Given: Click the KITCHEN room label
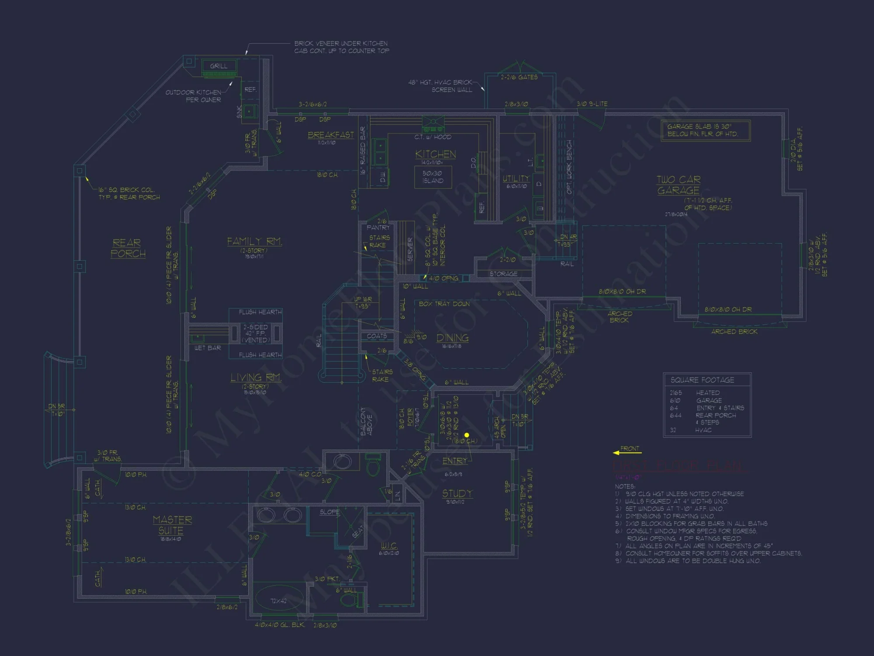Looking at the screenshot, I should (435, 154).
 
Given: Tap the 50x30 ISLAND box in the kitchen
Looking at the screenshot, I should (433, 177).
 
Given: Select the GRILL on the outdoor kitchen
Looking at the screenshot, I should (218, 66).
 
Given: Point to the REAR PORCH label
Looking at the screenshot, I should (127, 248).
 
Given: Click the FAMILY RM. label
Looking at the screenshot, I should (254, 241).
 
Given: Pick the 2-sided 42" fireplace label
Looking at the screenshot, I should (256, 334).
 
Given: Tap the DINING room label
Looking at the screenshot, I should (452, 338).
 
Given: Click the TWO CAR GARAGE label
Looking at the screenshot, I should (678, 185).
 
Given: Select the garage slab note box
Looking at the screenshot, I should (705, 130).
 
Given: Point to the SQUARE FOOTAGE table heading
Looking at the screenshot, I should (702, 380).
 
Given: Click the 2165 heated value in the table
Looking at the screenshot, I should (676, 393).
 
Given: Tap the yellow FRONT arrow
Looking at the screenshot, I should (627, 452).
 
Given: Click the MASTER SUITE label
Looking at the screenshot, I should (172, 525).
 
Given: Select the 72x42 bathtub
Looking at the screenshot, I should (278, 601).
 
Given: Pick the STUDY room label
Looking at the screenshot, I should (457, 494).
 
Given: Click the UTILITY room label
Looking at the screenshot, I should (516, 178).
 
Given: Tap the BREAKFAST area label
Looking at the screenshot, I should (331, 135).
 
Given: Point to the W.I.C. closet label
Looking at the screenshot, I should (388, 545).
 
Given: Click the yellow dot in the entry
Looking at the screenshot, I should (467, 435).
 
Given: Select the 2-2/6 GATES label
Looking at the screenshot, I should (519, 77).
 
